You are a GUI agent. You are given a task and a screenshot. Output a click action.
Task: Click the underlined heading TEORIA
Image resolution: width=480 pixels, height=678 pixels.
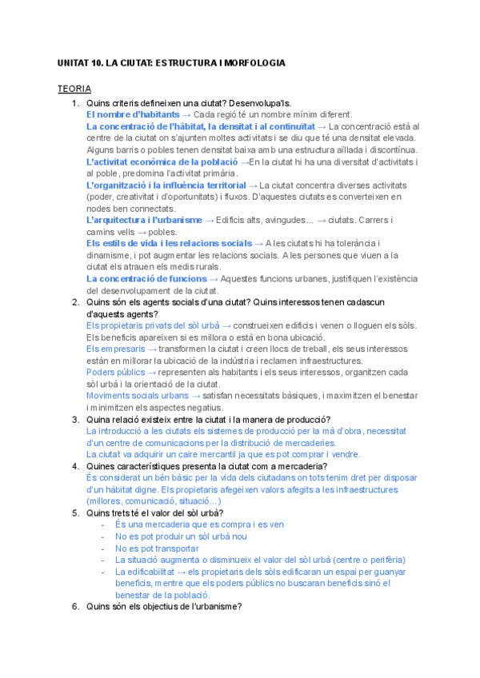click(x=74, y=89)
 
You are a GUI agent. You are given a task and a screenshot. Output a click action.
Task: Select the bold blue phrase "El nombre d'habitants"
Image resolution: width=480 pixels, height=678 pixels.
click(x=132, y=114)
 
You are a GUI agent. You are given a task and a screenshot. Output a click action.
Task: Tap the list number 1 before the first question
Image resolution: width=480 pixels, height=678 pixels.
click(x=74, y=103)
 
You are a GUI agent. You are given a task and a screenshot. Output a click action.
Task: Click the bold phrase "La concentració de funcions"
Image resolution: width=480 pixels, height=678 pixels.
click(x=146, y=278)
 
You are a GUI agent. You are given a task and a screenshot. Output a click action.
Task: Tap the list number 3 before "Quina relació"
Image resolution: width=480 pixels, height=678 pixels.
click(x=74, y=420)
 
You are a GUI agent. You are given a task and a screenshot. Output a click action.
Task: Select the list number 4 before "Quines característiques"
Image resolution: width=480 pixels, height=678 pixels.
click(x=74, y=466)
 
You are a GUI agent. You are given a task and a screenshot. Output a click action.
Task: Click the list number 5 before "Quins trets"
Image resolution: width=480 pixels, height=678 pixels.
click(x=74, y=512)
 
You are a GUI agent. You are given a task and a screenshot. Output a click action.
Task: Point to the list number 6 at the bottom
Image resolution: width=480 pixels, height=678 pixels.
click(x=74, y=606)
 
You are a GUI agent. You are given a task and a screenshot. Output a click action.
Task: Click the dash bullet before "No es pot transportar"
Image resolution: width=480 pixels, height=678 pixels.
click(x=103, y=548)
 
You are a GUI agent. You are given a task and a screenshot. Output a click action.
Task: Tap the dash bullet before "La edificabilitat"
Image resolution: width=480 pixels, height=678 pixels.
click(x=103, y=572)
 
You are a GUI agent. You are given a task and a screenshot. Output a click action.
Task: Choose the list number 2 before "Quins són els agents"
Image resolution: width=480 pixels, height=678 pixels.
click(x=74, y=301)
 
